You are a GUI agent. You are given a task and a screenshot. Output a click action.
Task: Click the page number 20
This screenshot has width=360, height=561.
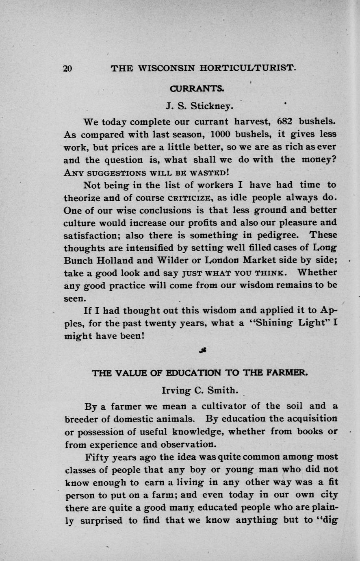pyautogui.click(x=68, y=69)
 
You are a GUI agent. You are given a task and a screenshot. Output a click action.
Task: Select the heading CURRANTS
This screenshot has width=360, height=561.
pyautogui.click(x=197, y=88)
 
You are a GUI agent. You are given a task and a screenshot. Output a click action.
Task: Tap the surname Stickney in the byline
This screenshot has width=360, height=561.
pyautogui.click(x=212, y=107)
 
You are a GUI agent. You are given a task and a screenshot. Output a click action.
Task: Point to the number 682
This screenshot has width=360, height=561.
pyautogui.click(x=285, y=122)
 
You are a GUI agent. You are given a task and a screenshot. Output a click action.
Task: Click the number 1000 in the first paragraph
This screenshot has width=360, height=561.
pyautogui.click(x=221, y=134)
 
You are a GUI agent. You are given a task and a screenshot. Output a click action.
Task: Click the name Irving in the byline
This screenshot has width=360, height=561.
pyautogui.click(x=176, y=391)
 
